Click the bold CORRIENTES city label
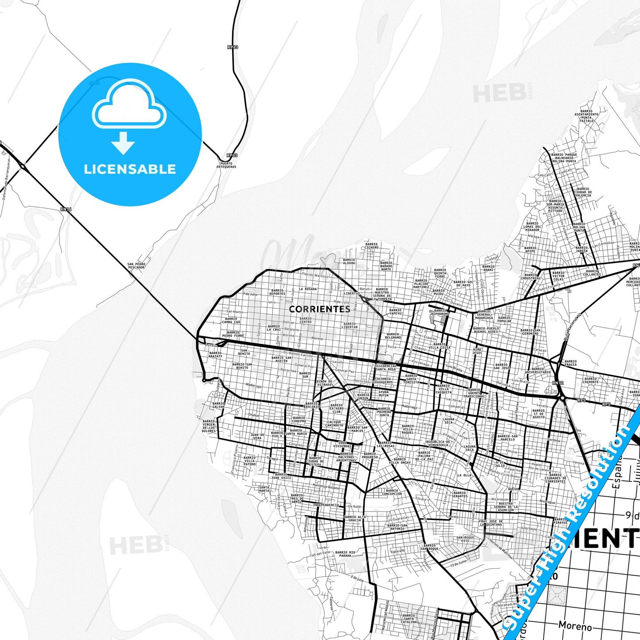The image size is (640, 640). (x=319, y=309)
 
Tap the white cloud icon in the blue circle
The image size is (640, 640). (x=129, y=105)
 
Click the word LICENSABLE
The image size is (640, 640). (x=130, y=169)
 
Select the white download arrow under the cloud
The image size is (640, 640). (x=123, y=143)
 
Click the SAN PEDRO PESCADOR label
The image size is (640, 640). (x=136, y=266)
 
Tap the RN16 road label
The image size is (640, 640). (x=66, y=209)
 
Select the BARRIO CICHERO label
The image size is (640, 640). (x=372, y=246)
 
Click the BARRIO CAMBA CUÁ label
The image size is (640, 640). (x=231, y=320)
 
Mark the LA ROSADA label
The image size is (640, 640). (x=307, y=289)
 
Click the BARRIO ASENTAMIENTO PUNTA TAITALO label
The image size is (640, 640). (x=586, y=116)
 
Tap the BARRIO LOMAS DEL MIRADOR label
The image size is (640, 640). (x=532, y=227)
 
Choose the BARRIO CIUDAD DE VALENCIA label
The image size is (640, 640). (x=583, y=192)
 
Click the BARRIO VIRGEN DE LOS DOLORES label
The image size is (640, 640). (x=209, y=426)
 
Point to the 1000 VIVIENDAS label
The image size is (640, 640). (x=344, y=445)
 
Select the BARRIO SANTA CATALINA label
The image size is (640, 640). (x=409, y=618)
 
